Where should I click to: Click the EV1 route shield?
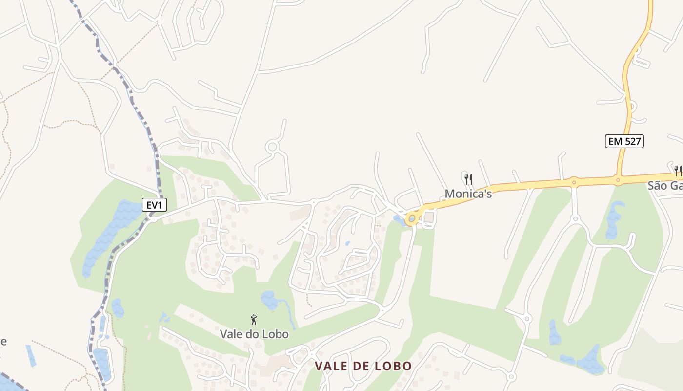(x=154, y=205)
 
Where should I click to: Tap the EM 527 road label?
(x=625, y=142)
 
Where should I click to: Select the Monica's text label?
(x=468, y=194)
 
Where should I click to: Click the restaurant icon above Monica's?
(x=468, y=179)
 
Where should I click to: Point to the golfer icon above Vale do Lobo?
(x=254, y=320)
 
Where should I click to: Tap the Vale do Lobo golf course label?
(x=254, y=334)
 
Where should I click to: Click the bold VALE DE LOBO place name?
(x=363, y=366)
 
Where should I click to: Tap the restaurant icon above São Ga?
(x=678, y=171)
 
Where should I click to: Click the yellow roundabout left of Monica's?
(x=412, y=218)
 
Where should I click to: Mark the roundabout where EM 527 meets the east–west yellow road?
(x=618, y=180)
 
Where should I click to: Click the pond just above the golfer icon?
(x=269, y=300)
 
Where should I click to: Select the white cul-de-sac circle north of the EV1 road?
(x=272, y=146)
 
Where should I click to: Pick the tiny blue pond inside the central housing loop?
(x=347, y=243)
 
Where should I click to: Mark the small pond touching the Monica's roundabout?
(x=399, y=220)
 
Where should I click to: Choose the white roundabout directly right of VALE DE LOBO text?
(x=511, y=377)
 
